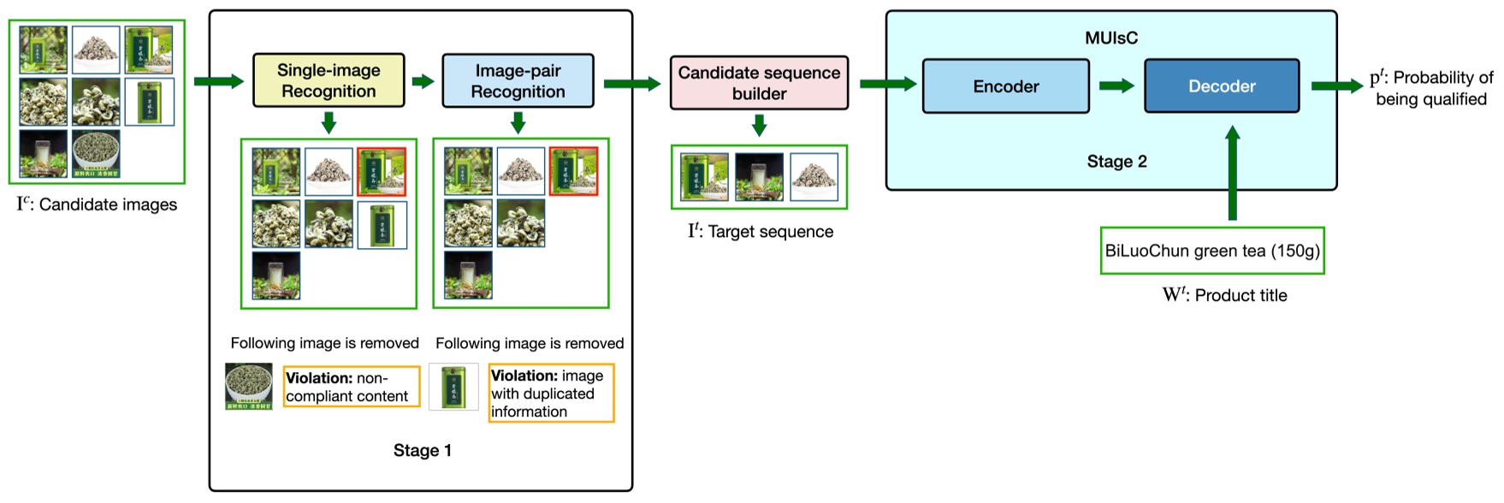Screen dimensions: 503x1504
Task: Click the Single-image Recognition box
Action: [x=329, y=80]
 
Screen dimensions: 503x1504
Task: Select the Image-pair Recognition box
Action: [x=518, y=81]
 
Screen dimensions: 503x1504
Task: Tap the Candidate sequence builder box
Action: [x=759, y=83]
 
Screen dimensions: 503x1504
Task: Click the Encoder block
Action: [x=1005, y=86]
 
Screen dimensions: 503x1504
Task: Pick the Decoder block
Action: [x=1221, y=86]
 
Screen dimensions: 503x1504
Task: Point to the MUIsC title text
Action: [x=1110, y=38]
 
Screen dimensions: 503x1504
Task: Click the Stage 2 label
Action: [x=1116, y=162]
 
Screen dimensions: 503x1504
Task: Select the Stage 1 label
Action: [x=422, y=451]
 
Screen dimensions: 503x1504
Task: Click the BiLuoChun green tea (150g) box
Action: [x=1211, y=251]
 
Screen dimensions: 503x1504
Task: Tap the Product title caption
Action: [x=1224, y=295]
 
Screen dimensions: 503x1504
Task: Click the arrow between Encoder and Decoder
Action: [x=1116, y=86]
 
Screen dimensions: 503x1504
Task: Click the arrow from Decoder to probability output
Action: [x=1335, y=86]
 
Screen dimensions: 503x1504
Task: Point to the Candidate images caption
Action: [x=97, y=204]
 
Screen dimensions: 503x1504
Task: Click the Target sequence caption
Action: [x=760, y=232]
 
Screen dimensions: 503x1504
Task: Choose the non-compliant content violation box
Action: [x=352, y=387]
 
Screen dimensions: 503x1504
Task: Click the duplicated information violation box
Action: [x=551, y=394]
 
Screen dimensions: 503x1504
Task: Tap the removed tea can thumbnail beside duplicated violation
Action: [x=453, y=387]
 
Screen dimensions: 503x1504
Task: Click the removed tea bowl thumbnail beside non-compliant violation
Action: [x=249, y=387]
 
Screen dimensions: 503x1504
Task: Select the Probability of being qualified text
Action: [x=1431, y=88]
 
